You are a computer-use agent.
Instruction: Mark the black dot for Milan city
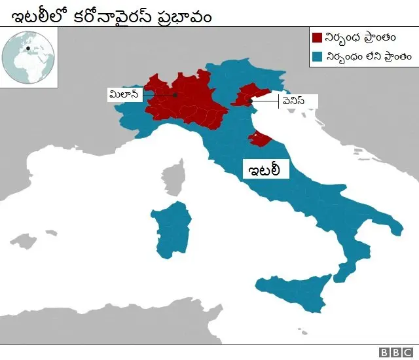(175, 96)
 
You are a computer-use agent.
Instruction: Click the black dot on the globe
(28, 48)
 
